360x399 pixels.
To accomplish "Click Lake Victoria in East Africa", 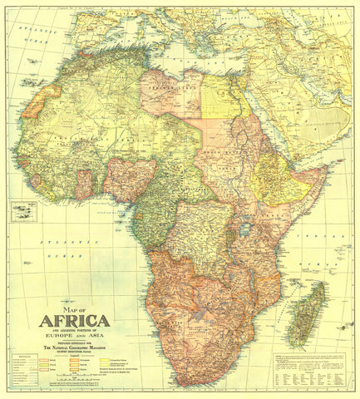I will coord(245,227).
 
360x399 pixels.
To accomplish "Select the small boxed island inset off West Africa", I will coord(23,212).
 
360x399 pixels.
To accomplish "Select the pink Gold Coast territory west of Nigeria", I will coord(84,185).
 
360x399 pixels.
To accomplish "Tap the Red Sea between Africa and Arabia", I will coord(263,125).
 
